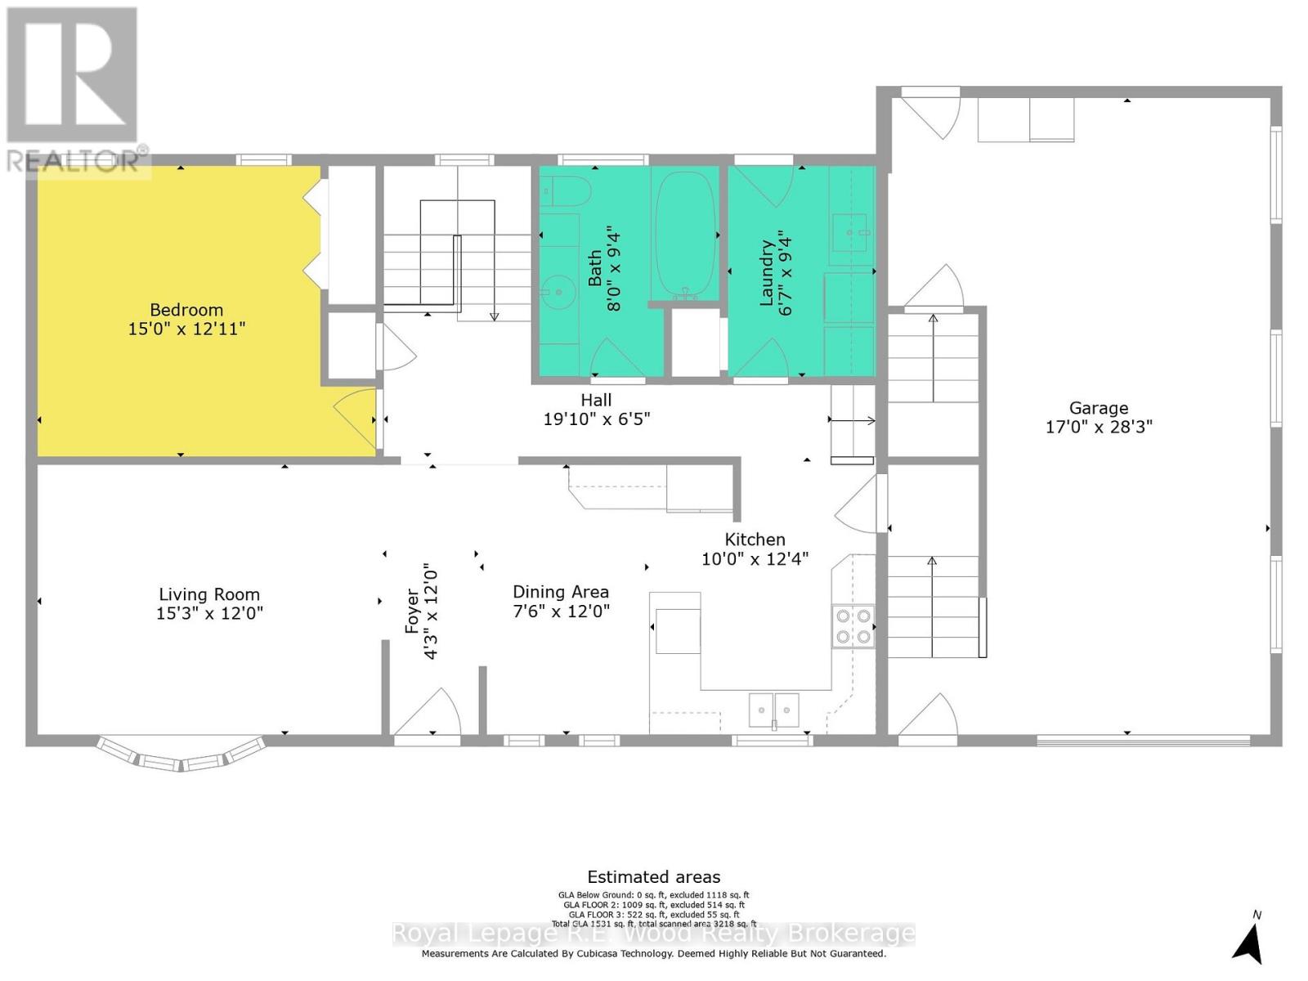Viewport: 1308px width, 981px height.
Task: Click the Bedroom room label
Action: coord(186,310)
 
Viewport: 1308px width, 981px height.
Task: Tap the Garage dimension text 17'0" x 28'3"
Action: coord(1098,427)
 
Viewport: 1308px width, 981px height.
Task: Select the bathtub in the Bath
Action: coord(684,235)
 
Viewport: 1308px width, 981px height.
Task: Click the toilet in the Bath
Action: coord(566,191)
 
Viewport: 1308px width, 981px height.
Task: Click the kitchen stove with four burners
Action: coord(853,626)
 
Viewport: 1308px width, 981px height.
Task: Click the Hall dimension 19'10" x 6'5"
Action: coord(596,419)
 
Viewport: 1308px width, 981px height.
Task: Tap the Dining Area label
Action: coord(561,592)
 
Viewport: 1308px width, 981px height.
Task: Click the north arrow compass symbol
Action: coord(1248,941)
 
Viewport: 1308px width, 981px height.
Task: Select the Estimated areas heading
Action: coord(654,877)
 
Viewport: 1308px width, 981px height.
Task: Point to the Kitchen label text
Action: coord(755,540)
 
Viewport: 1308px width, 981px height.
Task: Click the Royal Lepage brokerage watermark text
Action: coord(654,934)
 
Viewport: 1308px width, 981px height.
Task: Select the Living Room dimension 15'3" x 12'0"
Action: coord(209,613)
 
